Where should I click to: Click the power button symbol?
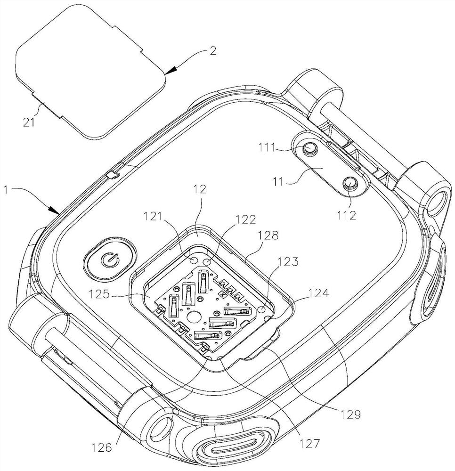click(108, 260)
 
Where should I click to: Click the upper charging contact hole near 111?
click(309, 149)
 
